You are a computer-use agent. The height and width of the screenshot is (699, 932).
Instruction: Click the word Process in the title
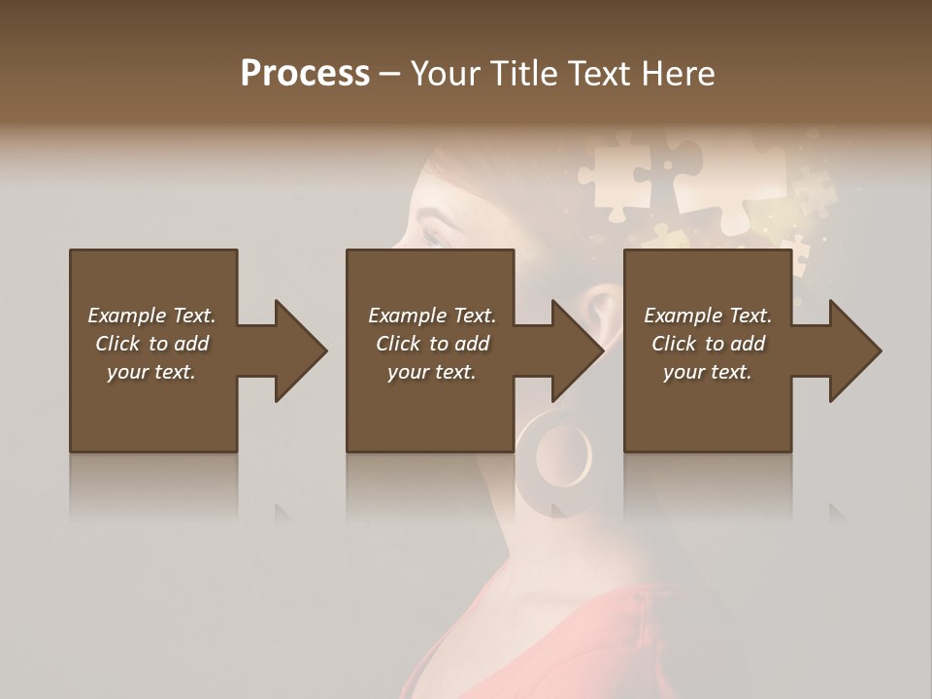[305, 74]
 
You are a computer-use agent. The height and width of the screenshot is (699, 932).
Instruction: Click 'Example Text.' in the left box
[151, 316]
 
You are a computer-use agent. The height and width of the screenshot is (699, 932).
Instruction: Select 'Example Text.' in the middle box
[432, 316]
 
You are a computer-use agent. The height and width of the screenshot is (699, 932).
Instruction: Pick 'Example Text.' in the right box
[708, 316]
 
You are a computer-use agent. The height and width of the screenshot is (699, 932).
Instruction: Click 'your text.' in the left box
[151, 372]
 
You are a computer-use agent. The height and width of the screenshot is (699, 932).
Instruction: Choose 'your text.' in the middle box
[432, 372]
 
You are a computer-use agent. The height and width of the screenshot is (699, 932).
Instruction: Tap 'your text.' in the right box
[708, 372]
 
